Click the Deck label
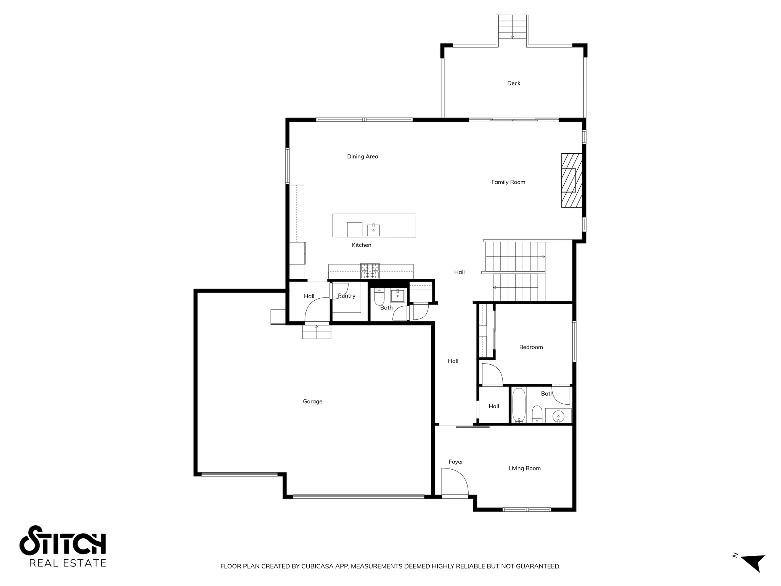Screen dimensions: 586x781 click(x=513, y=83)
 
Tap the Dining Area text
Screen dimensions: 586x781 click(x=362, y=156)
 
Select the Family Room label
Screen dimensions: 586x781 click(x=508, y=182)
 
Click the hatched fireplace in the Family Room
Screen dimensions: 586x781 click(x=571, y=180)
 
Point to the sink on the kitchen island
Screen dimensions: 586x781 click(x=373, y=230)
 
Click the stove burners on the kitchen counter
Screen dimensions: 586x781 click(x=370, y=271)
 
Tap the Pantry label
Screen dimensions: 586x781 click(x=346, y=296)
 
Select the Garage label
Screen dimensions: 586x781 click(x=312, y=401)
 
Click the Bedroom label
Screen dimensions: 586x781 click(x=531, y=347)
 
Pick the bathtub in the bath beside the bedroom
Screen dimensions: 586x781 click(x=519, y=405)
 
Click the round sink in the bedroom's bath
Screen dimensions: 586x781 click(x=558, y=415)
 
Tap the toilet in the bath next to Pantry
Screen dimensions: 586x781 click(x=379, y=297)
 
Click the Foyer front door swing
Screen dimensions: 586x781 click(x=454, y=482)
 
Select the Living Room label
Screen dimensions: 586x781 click(x=524, y=468)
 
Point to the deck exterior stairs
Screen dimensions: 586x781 click(x=512, y=27)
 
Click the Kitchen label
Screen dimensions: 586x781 click(x=361, y=245)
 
